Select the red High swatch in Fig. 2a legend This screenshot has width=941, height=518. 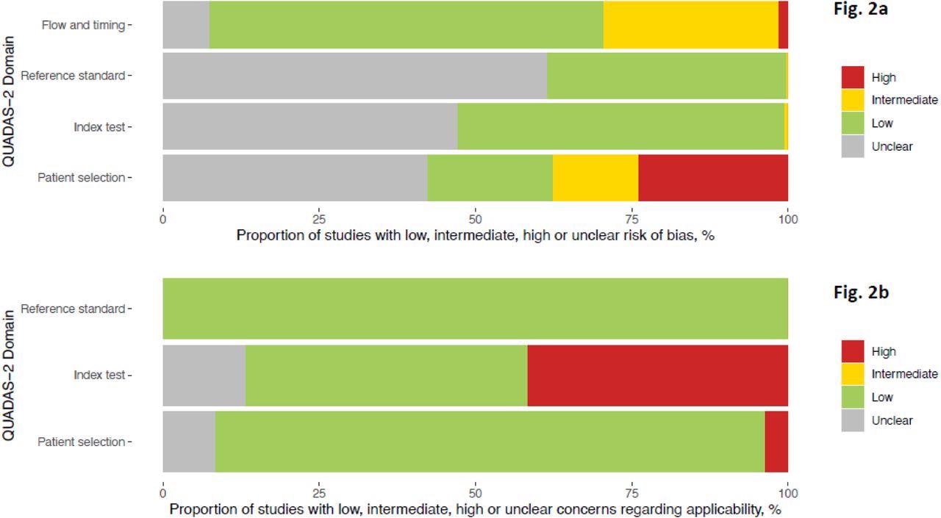(853, 77)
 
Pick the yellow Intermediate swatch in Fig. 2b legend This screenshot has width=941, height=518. (853, 374)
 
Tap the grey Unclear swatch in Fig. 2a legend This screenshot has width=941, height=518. (853, 146)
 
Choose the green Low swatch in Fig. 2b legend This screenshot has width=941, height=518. (853, 398)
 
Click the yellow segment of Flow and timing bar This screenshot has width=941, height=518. (690, 25)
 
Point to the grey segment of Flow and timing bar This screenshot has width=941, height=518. (186, 25)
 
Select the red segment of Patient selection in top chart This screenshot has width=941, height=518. (712, 178)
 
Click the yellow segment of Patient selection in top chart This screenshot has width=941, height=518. (595, 178)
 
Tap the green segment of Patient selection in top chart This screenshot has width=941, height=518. (490, 178)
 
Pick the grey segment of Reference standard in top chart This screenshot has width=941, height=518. (354, 76)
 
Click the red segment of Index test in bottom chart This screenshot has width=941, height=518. (657, 375)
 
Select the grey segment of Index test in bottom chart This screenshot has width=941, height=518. (204, 375)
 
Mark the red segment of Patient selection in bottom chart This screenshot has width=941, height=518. (776, 442)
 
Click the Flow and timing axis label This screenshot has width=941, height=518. (83, 25)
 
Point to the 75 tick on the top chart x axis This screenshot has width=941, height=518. (631, 219)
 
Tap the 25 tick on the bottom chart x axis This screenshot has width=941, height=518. (319, 493)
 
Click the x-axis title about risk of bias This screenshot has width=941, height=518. (475, 236)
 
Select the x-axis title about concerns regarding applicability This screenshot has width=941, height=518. (475, 509)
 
